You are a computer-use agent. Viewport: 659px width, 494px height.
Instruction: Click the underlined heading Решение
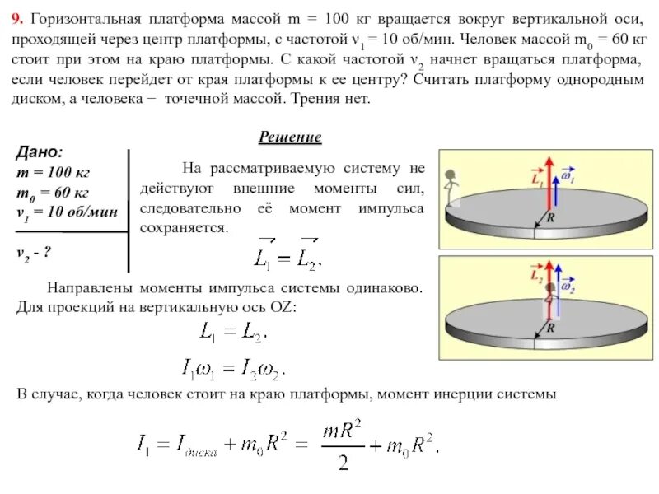click(x=291, y=137)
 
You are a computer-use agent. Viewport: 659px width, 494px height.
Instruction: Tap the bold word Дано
click(x=39, y=152)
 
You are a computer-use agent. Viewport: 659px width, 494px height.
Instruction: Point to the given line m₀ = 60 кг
click(x=52, y=192)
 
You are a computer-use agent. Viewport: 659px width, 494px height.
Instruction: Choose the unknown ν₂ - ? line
click(x=35, y=252)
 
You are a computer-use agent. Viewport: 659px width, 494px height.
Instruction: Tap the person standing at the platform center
click(x=546, y=301)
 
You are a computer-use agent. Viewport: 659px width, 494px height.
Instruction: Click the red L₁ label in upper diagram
click(x=538, y=176)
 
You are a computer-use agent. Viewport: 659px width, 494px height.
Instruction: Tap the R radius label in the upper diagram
click(x=551, y=219)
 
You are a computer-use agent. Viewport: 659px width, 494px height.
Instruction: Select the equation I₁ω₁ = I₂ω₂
click(x=232, y=367)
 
